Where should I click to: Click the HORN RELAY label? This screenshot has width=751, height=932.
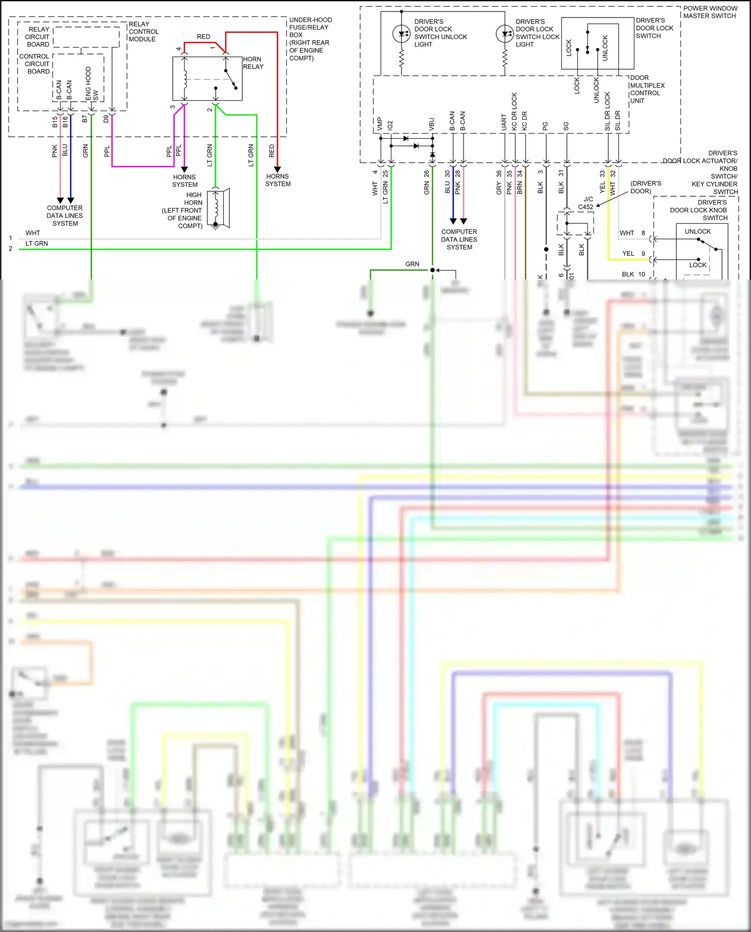(253, 63)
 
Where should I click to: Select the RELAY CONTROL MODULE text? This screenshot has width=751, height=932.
(143, 32)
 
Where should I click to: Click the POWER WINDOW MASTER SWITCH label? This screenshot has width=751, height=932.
(710, 12)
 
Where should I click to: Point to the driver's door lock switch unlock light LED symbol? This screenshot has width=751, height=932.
(402, 34)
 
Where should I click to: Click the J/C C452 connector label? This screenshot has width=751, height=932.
(586, 203)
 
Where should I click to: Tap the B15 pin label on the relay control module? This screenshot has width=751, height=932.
(55, 122)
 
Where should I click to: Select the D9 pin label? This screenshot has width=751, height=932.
(106, 119)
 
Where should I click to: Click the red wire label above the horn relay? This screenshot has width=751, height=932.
(203, 37)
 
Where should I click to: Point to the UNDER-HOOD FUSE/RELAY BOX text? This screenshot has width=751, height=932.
(310, 39)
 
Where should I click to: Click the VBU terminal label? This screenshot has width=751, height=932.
(432, 124)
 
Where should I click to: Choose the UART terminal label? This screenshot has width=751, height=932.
(504, 122)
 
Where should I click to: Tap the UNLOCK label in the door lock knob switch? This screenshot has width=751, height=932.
(697, 231)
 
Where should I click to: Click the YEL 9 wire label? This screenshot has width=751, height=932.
(633, 253)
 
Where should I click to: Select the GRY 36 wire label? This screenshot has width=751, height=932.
(499, 182)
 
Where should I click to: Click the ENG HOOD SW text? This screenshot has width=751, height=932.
(91, 83)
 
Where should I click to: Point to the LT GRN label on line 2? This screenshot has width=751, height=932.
(37, 243)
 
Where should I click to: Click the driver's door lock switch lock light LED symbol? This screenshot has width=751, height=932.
(504, 34)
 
